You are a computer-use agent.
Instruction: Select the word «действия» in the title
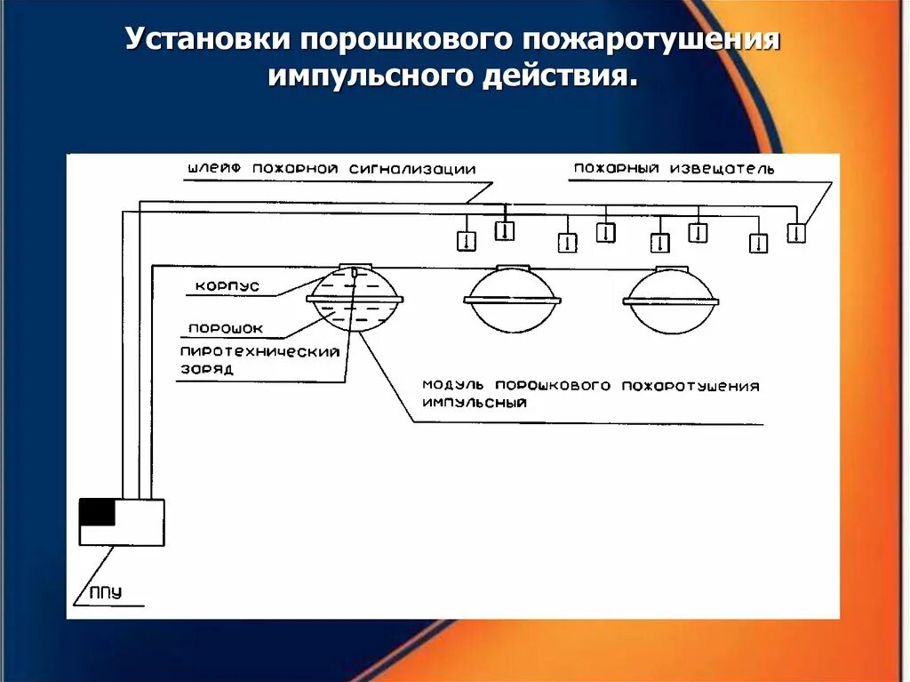559,76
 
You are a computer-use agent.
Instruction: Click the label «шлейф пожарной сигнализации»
331,168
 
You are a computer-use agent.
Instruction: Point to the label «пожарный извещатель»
674,167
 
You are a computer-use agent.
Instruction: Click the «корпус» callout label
227,286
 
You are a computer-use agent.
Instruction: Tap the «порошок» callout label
225,328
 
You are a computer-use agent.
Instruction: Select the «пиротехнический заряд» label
259,359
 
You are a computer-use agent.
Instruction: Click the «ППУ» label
105,592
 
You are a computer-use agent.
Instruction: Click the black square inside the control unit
98,513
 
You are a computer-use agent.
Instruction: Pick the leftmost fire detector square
467,241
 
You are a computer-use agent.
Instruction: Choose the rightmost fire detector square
796,233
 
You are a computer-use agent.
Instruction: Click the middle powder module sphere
512,299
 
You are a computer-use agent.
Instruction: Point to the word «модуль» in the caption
453,386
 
